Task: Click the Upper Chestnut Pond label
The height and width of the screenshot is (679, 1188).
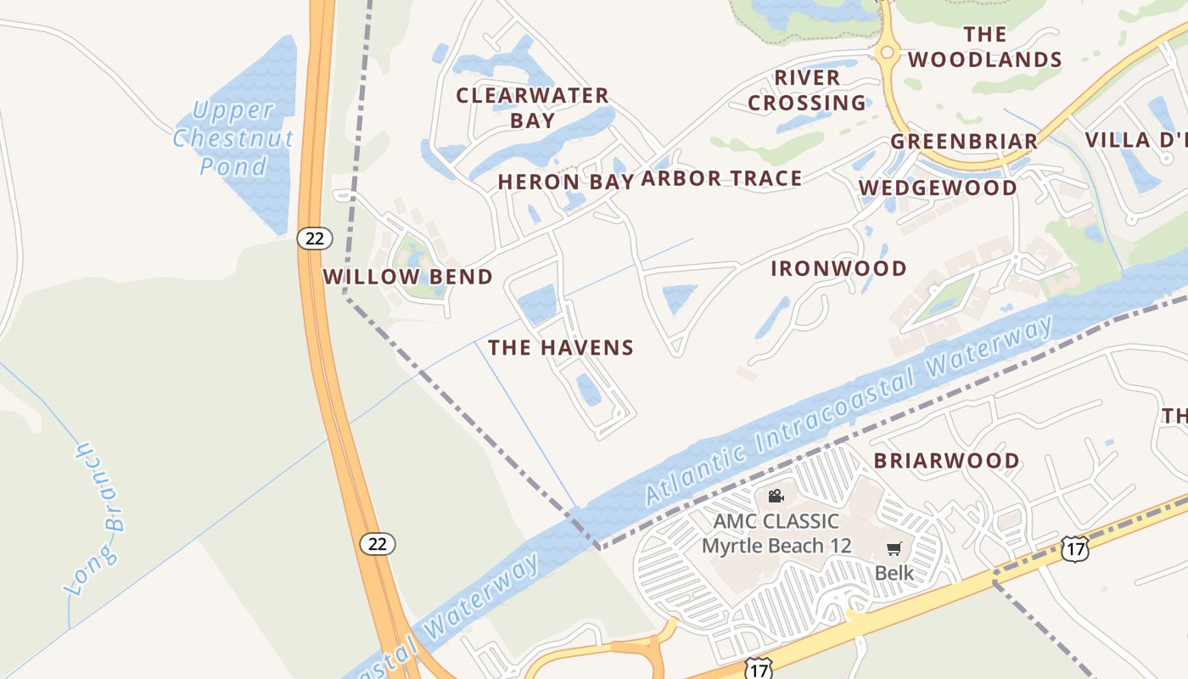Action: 233,137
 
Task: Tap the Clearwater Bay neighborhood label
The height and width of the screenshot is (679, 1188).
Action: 532,108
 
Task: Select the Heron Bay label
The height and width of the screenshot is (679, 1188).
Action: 565,182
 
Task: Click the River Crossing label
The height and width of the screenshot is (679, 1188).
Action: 807,90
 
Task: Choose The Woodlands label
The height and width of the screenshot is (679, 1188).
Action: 984,47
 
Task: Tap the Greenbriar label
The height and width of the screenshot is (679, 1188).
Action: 964,141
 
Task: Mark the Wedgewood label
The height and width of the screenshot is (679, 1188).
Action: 938,188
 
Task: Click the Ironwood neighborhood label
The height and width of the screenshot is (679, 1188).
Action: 838,269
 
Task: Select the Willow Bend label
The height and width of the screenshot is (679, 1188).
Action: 407,277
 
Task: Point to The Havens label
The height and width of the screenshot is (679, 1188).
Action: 561,347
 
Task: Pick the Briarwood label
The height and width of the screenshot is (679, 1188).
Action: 947,461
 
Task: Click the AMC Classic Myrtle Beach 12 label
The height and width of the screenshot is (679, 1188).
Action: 776,533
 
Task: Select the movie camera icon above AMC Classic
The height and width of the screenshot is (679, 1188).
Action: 776,496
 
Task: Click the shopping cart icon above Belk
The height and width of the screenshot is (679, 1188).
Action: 894,549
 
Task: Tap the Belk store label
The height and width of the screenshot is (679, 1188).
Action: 894,573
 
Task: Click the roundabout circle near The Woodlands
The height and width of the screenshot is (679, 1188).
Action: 887,53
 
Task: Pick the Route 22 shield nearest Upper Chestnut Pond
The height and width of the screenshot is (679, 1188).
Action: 314,238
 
